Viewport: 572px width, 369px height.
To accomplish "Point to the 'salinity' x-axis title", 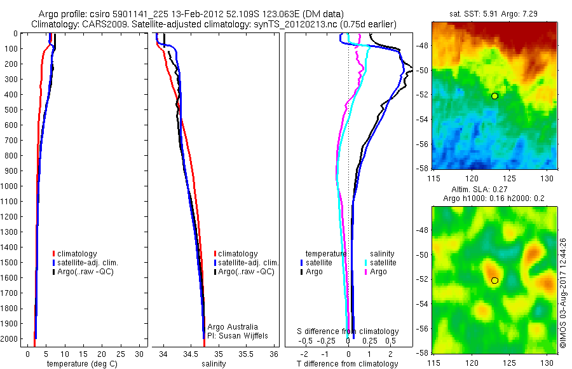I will coord(213,364).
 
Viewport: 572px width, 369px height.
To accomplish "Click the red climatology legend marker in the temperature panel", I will coord(54,254).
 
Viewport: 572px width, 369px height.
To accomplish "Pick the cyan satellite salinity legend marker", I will coord(367,262).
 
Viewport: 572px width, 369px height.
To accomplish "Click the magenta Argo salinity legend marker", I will coord(367,272).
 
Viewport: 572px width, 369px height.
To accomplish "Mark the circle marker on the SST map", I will coord(494,96).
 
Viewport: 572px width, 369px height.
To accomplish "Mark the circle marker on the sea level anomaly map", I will coord(494,280).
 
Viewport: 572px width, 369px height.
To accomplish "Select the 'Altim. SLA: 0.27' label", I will coord(494,190).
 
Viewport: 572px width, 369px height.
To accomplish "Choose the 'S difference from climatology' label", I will coord(348,331).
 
